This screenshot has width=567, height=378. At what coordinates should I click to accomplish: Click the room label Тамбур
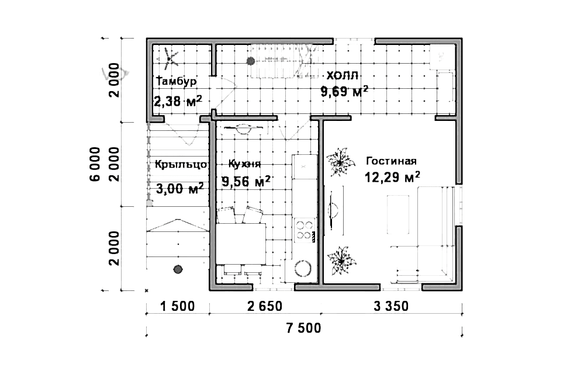click(x=175, y=81)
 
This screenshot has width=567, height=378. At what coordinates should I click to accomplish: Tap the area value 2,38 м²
click(x=178, y=102)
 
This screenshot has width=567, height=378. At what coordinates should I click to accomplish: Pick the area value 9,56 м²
click(x=246, y=181)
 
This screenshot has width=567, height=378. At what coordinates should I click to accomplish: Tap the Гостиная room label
click(x=391, y=161)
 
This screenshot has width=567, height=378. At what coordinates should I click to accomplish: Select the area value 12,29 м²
click(x=393, y=176)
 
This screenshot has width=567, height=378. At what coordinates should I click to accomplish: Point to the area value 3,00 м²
click(x=180, y=188)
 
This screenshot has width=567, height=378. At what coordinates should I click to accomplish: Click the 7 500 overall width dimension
click(x=303, y=328)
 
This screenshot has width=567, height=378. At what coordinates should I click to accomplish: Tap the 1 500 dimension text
click(x=177, y=306)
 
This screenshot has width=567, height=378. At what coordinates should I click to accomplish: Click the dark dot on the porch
click(x=178, y=269)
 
